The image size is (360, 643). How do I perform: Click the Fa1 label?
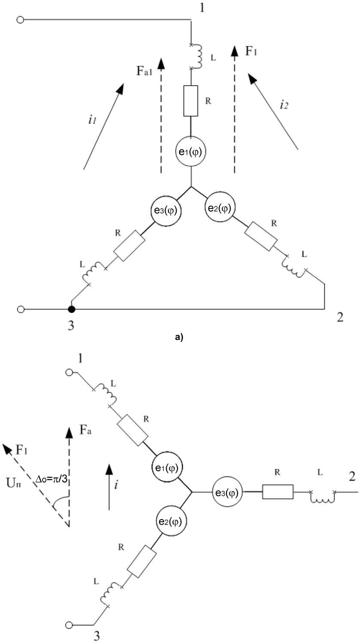click(144, 70)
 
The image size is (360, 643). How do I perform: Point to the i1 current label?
click(92, 120)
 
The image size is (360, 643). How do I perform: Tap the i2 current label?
click(284, 105)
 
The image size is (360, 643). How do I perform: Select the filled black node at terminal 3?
click(71, 309)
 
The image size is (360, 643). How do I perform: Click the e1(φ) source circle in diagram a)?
click(191, 151)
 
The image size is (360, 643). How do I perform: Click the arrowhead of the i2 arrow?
click(252, 78)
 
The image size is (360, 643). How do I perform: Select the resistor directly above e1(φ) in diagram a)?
click(191, 101)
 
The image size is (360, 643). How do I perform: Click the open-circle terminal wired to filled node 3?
click(20, 309)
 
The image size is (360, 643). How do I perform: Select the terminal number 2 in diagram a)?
click(340, 317)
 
